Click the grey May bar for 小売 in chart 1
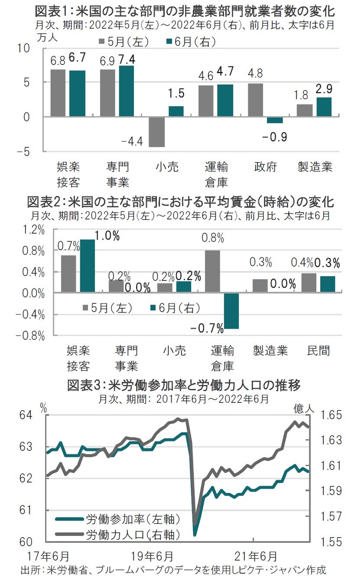click(x=156, y=132)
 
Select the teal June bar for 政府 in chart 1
click(x=274, y=120)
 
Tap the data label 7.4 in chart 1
click(x=126, y=59)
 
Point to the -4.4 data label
click(x=133, y=141)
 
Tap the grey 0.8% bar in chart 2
click(x=212, y=271)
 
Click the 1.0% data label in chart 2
click(x=107, y=236)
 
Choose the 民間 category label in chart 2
click(x=319, y=351)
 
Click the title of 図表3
click(x=184, y=385)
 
